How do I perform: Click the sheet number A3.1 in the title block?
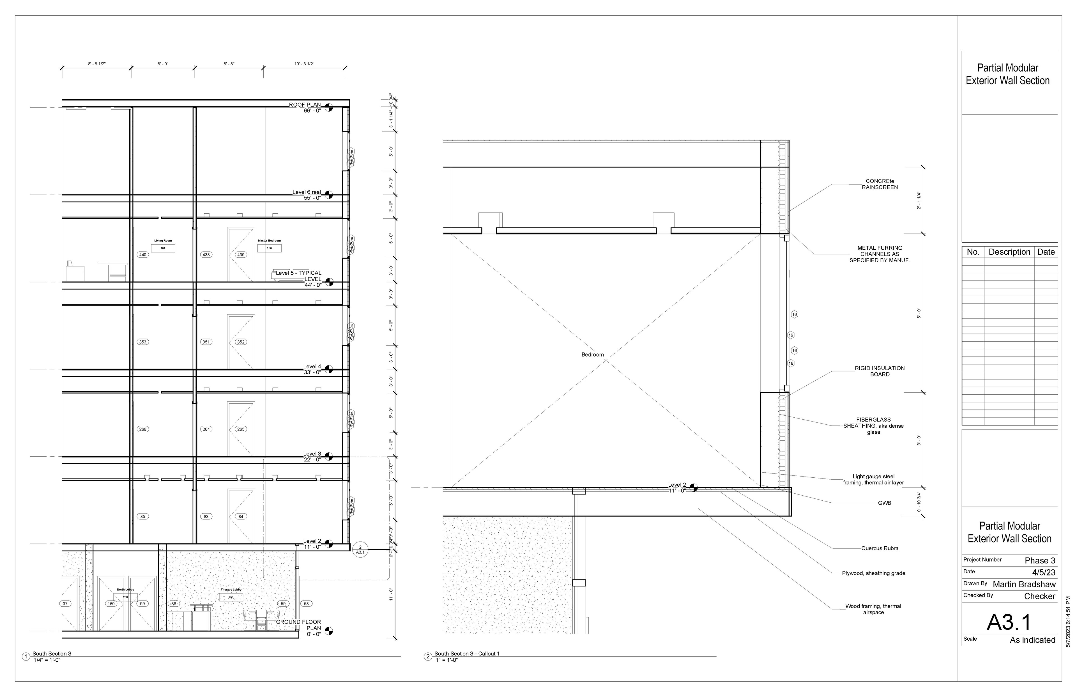[1009, 622]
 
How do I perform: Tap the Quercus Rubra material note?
[879, 548]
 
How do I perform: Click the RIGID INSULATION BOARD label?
[879, 371]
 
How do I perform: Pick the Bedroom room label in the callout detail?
[592, 354]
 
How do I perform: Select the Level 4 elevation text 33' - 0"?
[312, 372]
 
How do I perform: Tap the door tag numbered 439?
[241, 255]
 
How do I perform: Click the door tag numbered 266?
[143, 429]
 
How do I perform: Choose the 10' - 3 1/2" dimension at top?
[304, 64]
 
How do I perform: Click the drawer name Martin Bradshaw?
[1024, 584]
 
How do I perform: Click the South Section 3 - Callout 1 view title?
[466, 654]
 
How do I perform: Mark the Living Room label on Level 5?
[163, 241]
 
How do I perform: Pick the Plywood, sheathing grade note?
[873, 573]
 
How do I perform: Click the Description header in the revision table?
[1009, 252]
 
